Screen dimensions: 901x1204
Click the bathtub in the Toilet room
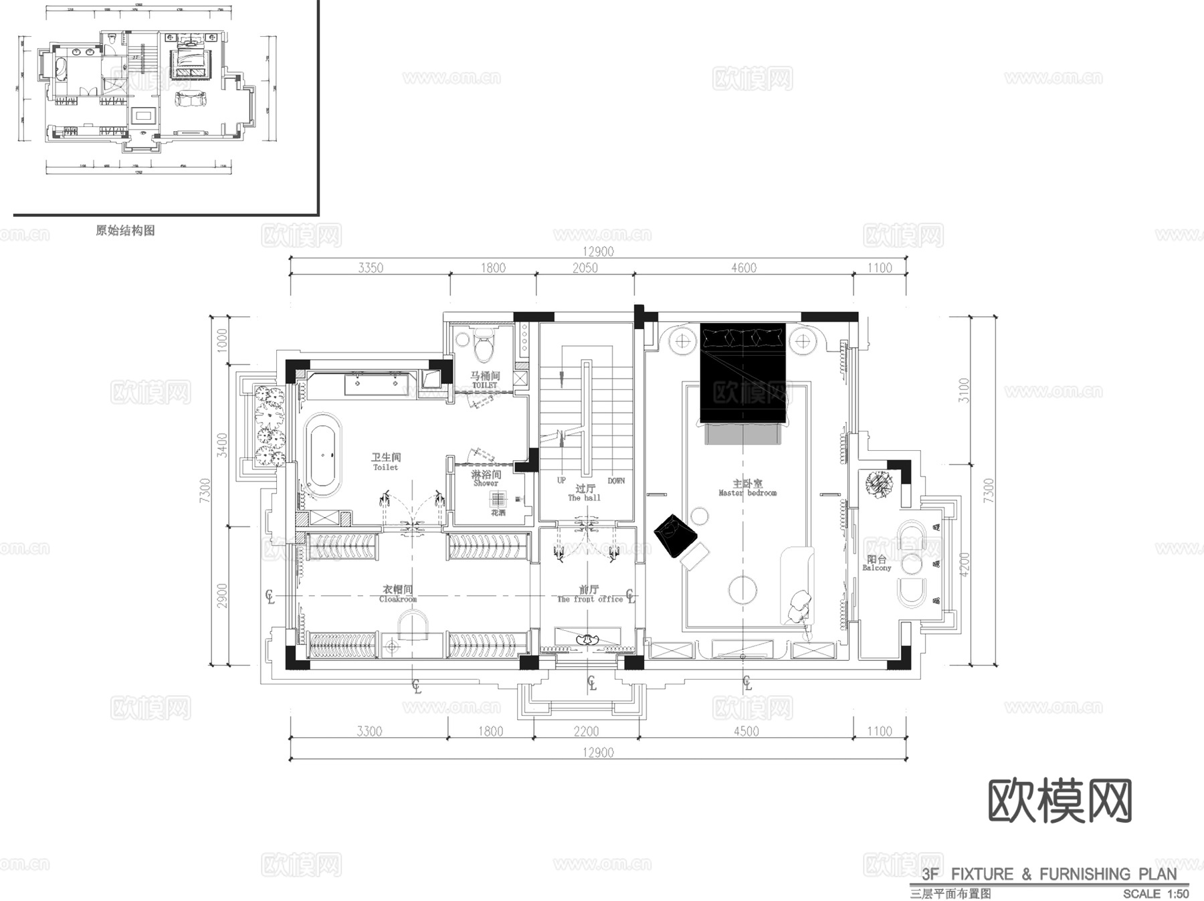coord(324,456)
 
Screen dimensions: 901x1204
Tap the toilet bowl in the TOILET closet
coord(483,346)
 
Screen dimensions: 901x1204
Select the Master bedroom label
coord(747,488)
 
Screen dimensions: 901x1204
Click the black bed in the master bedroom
coord(742,375)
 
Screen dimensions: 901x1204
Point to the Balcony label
coord(876,563)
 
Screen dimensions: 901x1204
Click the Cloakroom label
coord(397,594)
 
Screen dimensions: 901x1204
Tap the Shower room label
coord(486,478)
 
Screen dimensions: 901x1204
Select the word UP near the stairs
coord(561,480)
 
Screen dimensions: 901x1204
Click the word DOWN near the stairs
coord(616,481)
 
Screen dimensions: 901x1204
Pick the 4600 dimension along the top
coord(743,268)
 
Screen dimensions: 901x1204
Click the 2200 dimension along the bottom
coord(586,731)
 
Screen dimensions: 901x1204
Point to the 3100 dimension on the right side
coord(963,390)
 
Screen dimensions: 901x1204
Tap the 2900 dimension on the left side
coord(222,595)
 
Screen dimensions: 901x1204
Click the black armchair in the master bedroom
coord(674,535)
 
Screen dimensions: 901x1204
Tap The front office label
coord(589,595)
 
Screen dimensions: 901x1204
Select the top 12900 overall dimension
coord(598,252)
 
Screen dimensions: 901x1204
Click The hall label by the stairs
coord(584,493)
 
